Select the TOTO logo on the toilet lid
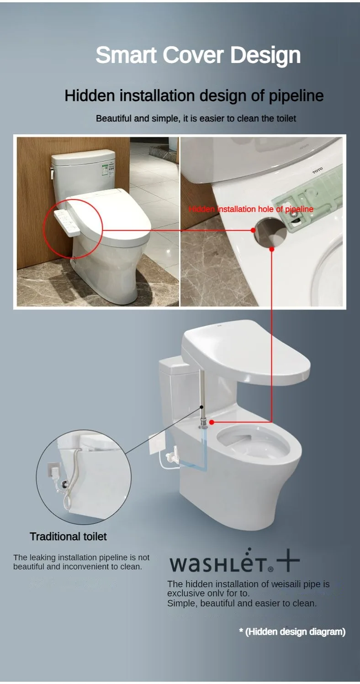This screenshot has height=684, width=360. click(x=317, y=170)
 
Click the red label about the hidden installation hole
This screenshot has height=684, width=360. click(x=251, y=209)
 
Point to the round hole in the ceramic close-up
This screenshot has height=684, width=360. click(x=270, y=231)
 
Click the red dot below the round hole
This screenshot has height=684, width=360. click(x=272, y=249)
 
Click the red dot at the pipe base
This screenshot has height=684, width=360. click(x=212, y=423)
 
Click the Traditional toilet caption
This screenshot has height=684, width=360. click(x=68, y=537)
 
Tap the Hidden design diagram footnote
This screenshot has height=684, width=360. click(x=292, y=632)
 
